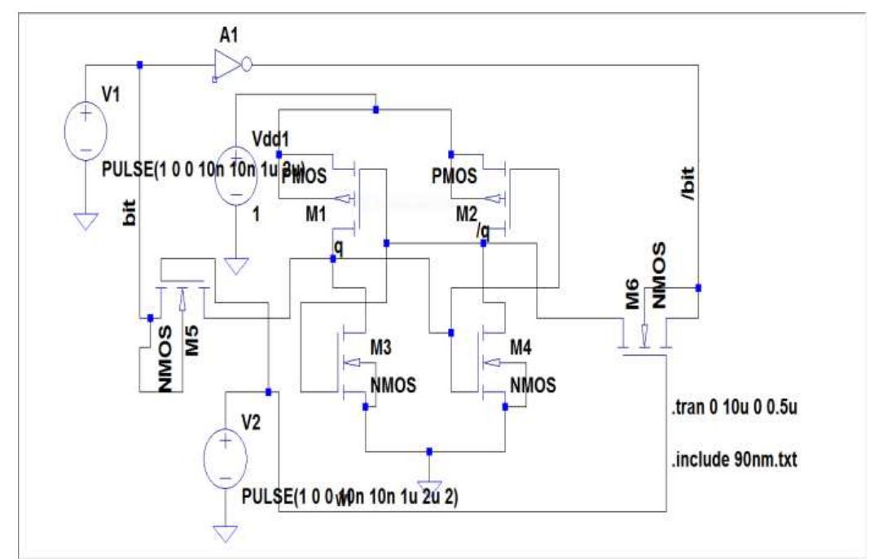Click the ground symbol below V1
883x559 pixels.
(86, 219)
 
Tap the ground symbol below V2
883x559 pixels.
(225, 533)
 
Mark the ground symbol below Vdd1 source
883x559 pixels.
(235, 265)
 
